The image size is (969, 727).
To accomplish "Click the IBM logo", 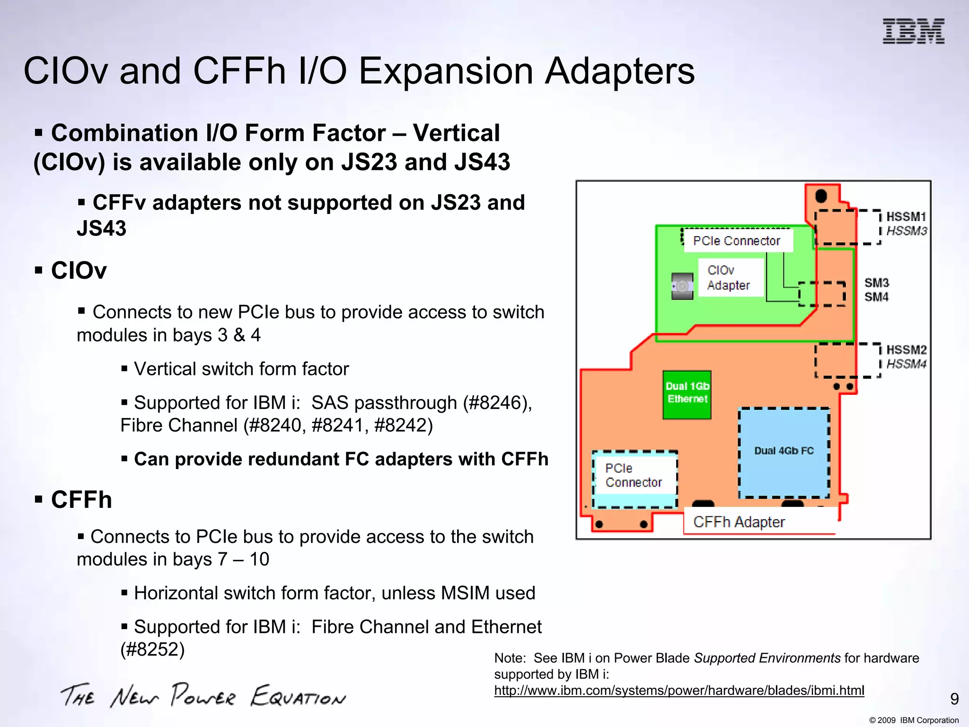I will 913,31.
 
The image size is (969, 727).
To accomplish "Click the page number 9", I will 954,699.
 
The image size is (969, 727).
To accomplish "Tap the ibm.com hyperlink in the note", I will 679,691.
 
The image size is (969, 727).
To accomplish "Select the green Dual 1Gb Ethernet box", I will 687,395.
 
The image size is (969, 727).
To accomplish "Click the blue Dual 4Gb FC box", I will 784,452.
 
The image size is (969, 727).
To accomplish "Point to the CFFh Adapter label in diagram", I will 739,522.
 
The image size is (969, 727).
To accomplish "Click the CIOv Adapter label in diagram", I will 729,278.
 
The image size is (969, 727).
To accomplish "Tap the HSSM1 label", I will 906,217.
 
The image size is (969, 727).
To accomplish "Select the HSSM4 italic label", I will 906,364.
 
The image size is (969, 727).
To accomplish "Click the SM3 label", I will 877,283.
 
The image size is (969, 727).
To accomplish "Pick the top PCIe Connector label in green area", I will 736,241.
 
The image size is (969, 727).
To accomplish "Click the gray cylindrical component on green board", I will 682,286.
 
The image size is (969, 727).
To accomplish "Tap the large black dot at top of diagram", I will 821,195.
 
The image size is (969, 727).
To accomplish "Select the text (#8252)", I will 152,649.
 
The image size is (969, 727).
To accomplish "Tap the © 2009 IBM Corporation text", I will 914,720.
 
